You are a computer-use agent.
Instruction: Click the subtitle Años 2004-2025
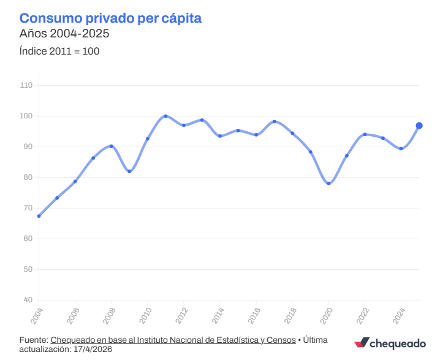coord(64,34)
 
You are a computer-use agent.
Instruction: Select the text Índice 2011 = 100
coord(59,51)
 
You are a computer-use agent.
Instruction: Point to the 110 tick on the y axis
coord(27,85)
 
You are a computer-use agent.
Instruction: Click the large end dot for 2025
coord(419,126)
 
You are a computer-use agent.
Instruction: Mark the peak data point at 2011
coord(165,116)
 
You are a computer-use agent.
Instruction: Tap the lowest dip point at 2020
coord(328,183)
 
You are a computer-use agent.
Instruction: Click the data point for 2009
coord(129,171)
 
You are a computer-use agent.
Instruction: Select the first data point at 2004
coord(39,216)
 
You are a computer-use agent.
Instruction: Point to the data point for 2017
coord(274,121)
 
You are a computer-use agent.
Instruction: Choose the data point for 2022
coord(365,134)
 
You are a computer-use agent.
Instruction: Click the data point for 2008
coord(111,146)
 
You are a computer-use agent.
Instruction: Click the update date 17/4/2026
coord(92,349)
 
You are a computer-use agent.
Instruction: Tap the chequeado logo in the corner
coord(390,343)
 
